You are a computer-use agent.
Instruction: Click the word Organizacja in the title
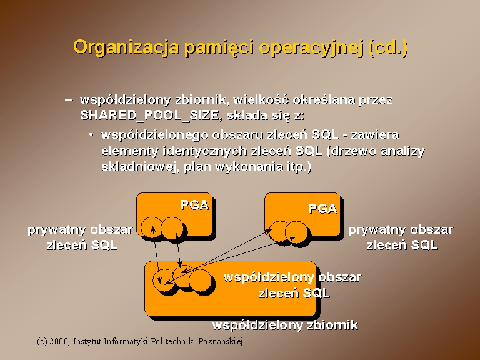tap(126, 47)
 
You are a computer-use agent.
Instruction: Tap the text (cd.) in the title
tap(389, 47)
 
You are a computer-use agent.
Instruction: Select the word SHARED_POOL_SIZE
tap(149, 116)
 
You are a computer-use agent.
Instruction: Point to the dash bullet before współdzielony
tap(69, 100)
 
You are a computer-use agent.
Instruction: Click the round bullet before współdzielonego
tap(91, 135)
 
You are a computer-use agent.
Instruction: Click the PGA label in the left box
tap(195, 205)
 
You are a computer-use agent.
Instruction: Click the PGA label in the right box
tap(322, 209)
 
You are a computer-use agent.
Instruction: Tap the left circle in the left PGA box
tap(152, 227)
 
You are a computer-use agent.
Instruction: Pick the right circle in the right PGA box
tap(296, 232)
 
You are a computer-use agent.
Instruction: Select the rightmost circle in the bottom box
tap(200, 281)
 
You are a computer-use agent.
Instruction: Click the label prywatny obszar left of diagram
tap(80, 230)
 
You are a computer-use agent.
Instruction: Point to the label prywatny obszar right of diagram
tap(401, 230)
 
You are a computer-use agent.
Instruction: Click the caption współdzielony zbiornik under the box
tap(285, 325)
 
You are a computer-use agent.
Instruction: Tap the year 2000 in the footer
tap(59, 341)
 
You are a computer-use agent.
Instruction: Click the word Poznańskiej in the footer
tap(220, 341)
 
